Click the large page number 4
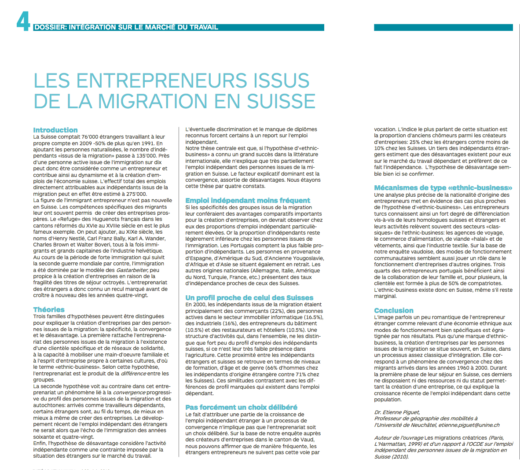coord(23,21)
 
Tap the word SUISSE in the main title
coord(281,102)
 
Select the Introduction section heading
coord(55,130)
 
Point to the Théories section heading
coord(49,309)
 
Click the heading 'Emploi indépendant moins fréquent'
coord(248,200)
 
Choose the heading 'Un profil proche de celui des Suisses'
coord(249,297)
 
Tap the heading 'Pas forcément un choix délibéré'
coord(241,407)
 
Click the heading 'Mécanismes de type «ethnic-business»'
coord(443,187)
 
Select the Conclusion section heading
coord(394,310)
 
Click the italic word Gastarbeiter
coord(132,270)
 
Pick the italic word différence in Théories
coord(135,373)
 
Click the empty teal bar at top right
coord(443,27)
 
